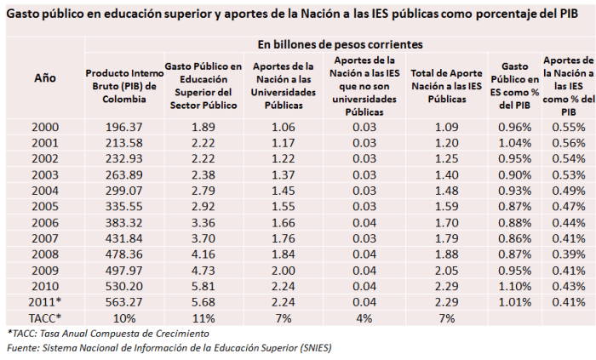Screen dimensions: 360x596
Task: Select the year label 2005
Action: point(45,205)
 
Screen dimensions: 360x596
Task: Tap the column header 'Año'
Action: point(45,77)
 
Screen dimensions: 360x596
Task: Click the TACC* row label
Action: point(45,317)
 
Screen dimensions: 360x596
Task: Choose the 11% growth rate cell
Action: point(203,317)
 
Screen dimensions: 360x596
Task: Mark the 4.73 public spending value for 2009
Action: point(203,270)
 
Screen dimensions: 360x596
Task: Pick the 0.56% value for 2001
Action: point(567,143)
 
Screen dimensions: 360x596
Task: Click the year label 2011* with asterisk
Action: point(45,301)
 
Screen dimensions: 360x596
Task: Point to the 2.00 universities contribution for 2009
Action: point(284,270)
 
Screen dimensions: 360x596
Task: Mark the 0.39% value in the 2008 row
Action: point(567,254)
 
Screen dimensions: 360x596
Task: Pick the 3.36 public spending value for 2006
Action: point(203,222)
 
